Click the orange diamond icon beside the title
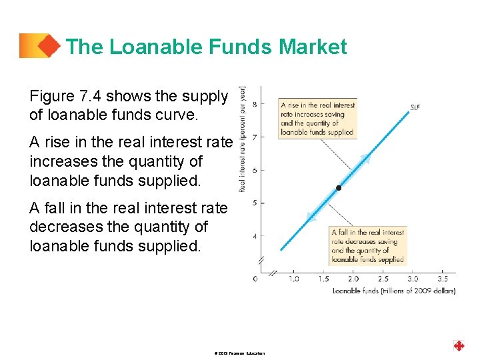point(47,46)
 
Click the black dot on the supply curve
point(338,189)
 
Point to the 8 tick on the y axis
point(255,104)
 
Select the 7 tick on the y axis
point(255,137)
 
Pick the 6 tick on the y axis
point(255,170)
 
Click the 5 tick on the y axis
point(255,203)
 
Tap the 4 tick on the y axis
point(255,235)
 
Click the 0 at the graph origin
point(255,279)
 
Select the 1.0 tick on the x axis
point(293,279)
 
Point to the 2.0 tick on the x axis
point(353,279)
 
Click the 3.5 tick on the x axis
point(442,279)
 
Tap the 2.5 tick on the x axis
point(383,279)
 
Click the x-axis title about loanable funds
point(394,291)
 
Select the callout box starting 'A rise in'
point(317,119)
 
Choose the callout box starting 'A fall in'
point(367,246)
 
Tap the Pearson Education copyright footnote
point(240,353)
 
